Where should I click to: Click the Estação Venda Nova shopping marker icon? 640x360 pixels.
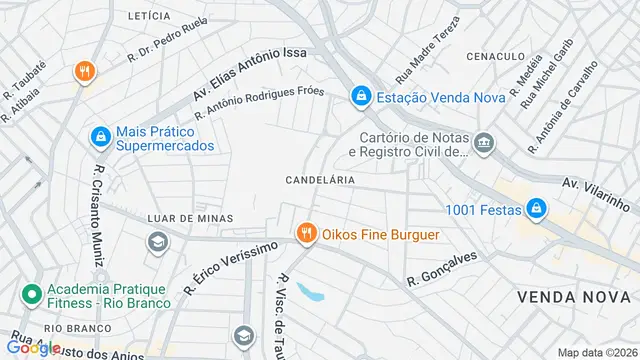[x=360, y=97]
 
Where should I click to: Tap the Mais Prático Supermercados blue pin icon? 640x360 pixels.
[x=100, y=137]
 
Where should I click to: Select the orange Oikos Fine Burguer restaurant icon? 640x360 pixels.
[x=306, y=235]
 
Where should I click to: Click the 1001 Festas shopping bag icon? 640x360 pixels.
[x=537, y=208]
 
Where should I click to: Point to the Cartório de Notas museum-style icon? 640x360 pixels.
[x=484, y=145]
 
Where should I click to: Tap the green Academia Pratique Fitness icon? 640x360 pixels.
[x=31, y=297]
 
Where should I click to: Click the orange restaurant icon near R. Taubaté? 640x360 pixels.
[x=84, y=72]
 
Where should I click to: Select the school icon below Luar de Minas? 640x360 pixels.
[x=157, y=241]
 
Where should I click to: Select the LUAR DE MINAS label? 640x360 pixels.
[x=190, y=218]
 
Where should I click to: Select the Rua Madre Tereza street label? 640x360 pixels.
[x=428, y=47]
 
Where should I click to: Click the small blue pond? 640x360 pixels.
[x=312, y=293]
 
